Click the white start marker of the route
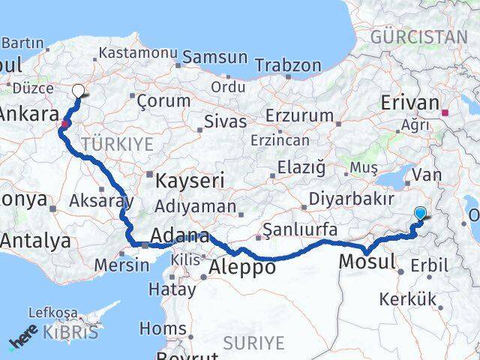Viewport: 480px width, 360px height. coord(79,91)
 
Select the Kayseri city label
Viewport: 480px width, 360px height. coord(190,180)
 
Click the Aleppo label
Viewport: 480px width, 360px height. coord(242,267)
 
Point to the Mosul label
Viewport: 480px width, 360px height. coord(367,262)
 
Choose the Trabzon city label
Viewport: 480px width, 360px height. coord(288,65)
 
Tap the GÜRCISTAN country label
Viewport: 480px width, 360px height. coord(418,36)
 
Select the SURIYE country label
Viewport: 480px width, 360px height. coord(253,343)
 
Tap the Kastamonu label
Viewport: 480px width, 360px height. coord(138,54)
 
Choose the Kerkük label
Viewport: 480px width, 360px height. coord(407,299)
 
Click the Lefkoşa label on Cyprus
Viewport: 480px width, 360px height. coord(52,311)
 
